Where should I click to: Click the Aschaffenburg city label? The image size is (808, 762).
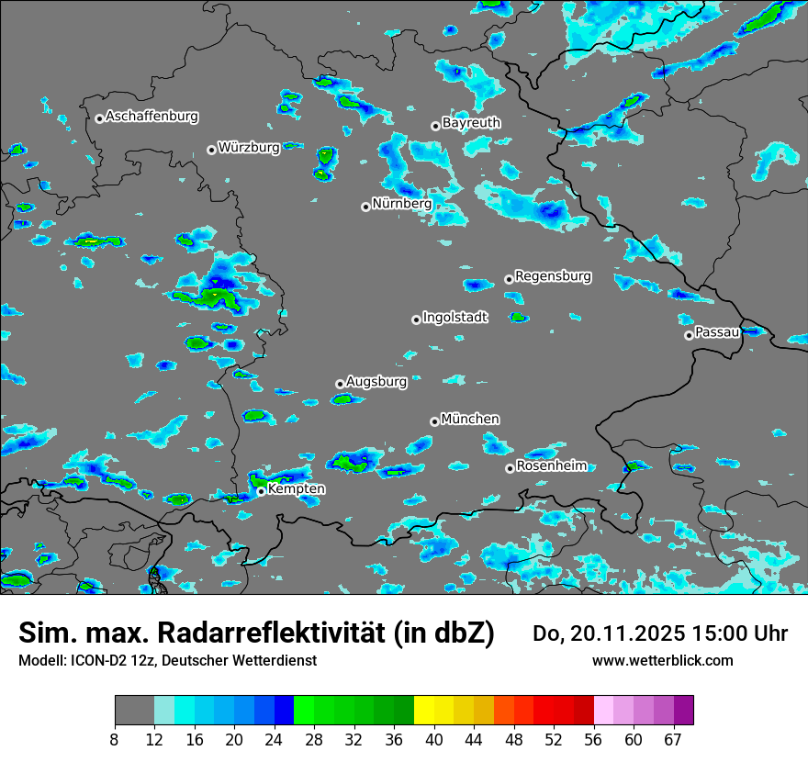[x=151, y=117]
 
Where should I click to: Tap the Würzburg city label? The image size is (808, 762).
[x=249, y=148]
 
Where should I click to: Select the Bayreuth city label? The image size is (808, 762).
[x=471, y=122]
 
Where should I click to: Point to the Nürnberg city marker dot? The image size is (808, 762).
[x=365, y=207]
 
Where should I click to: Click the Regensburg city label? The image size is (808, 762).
[x=553, y=275]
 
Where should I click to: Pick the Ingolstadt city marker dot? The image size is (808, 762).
[x=416, y=319]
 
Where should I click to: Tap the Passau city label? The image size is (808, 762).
[x=717, y=331]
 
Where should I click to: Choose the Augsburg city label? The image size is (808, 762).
[x=376, y=381]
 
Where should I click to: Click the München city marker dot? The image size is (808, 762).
[x=434, y=421]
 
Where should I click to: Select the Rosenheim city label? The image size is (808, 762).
[x=551, y=465]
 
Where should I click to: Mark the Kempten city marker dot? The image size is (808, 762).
[x=261, y=491]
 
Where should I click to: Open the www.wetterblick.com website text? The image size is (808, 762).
[x=663, y=660]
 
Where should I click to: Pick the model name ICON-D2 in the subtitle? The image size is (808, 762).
[x=99, y=660]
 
